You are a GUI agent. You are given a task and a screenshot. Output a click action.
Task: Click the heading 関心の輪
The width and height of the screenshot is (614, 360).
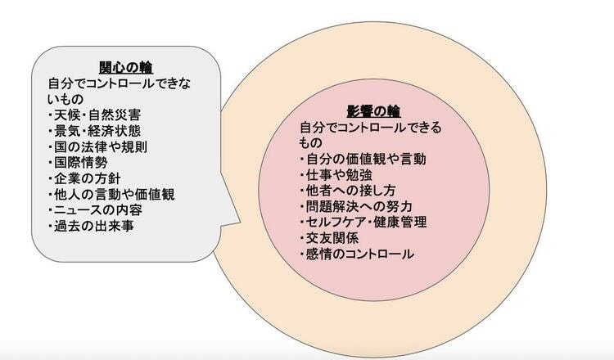coord(126,67)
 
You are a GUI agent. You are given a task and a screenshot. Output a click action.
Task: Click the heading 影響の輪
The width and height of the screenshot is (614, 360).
coord(373,111)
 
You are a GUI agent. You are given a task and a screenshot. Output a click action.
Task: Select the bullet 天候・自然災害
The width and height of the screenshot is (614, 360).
coord(94,115)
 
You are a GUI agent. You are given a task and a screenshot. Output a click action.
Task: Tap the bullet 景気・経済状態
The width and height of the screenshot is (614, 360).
coord(94,131)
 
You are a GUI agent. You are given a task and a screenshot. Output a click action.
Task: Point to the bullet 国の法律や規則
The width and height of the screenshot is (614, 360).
coord(98,146)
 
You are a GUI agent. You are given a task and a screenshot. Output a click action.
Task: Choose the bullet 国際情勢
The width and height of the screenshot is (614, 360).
coord(78,162)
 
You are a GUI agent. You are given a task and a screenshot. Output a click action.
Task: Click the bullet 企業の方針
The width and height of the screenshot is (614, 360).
coord(84,178)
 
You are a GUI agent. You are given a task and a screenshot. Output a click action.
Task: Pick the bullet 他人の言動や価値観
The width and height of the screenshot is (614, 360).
coord(111,195)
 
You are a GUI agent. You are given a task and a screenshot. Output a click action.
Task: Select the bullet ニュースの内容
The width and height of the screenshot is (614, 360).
coord(95,210)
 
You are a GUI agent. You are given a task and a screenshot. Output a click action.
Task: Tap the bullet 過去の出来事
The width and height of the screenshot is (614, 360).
coord(91,226)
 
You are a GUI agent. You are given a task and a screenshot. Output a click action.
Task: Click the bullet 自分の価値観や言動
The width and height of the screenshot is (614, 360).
coord(363,159)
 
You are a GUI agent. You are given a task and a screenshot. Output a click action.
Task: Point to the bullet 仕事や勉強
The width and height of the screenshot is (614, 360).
coord(336,175)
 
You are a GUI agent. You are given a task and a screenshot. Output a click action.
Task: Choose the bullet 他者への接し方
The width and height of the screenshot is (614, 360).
coord(348,191)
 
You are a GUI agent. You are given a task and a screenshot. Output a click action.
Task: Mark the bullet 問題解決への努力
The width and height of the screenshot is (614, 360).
coord(356,206)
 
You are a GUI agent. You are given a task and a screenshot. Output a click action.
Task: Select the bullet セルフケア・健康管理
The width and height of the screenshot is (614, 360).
coord(363,223)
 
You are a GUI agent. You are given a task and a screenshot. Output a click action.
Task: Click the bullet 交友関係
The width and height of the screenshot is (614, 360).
coord(329,238)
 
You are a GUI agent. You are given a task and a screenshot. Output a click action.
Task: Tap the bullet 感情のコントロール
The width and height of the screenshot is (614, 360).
coord(357,254)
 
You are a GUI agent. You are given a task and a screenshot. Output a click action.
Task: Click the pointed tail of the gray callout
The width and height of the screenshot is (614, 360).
coord(240,223)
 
